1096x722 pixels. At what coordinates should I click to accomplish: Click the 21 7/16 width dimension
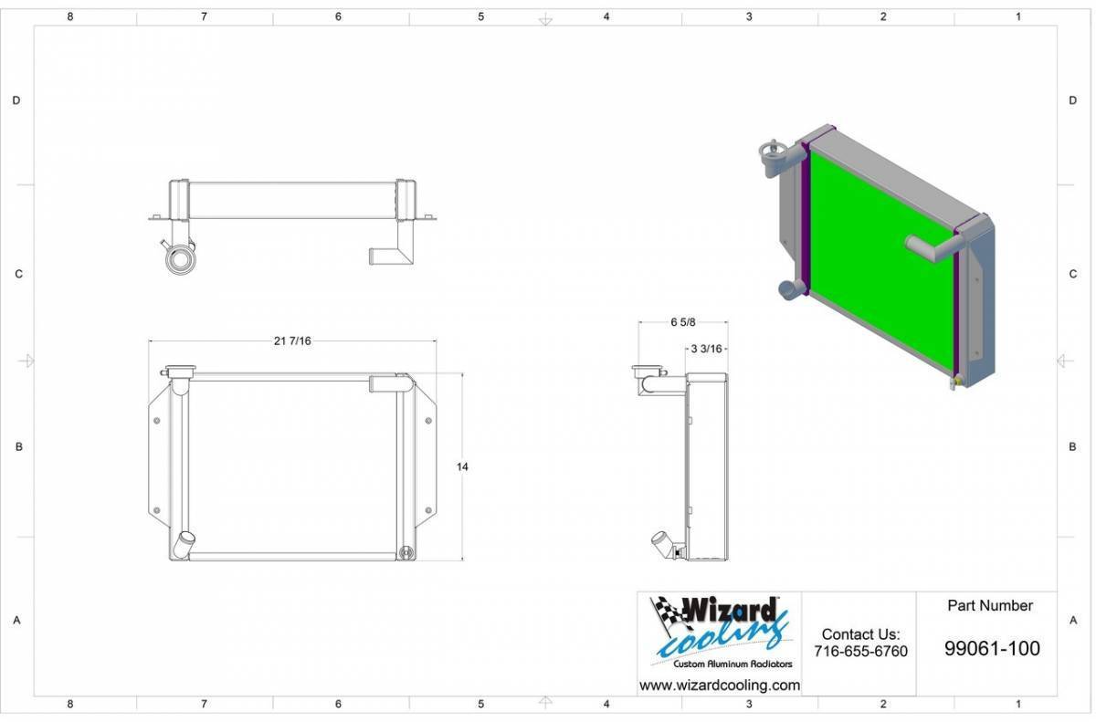pyautogui.click(x=292, y=340)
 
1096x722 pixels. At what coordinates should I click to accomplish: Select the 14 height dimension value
pyautogui.click(x=462, y=466)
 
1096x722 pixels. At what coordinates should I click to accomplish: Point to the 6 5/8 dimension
pyautogui.click(x=682, y=322)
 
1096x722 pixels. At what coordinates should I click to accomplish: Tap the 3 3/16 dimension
pyautogui.click(x=706, y=349)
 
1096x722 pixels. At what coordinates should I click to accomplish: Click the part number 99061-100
pyautogui.click(x=992, y=649)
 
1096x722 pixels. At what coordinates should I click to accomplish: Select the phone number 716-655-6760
pyautogui.click(x=860, y=651)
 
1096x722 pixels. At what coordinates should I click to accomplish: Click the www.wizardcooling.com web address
pyautogui.click(x=720, y=685)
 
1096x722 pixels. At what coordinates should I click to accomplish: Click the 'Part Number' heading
pyautogui.click(x=990, y=606)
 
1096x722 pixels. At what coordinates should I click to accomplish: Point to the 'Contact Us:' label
pyautogui.click(x=860, y=634)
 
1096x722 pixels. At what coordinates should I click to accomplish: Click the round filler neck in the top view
pyautogui.click(x=180, y=258)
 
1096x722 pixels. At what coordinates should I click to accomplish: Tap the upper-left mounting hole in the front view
pyautogui.click(x=156, y=421)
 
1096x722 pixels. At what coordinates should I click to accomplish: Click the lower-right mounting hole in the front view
pyautogui.click(x=428, y=510)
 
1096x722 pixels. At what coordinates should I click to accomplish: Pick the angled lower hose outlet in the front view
pyautogui.click(x=184, y=544)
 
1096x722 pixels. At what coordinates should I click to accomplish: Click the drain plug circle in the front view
pyautogui.click(x=406, y=553)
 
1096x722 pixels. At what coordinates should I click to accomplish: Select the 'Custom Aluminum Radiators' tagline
pyautogui.click(x=732, y=664)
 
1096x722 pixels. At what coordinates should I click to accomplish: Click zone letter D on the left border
pyautogui.click(x=16, y=100)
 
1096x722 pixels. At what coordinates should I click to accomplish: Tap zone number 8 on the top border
pyautogui.click(x=70, y=16)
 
